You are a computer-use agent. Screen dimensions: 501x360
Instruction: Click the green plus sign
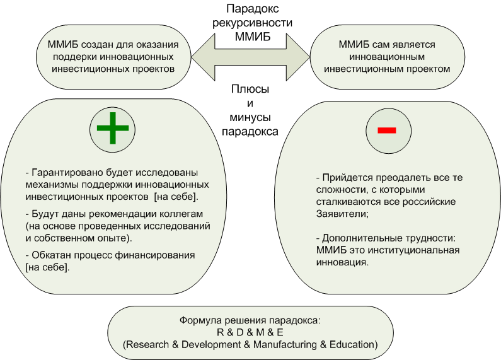coord(113,128)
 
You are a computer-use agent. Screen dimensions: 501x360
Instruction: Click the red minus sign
coord(387,130)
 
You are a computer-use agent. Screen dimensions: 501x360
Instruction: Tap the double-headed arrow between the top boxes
coord(251,57)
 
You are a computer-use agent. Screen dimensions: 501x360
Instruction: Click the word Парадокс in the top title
coord(253,9)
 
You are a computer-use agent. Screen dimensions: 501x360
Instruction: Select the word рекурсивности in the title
coord(253,23)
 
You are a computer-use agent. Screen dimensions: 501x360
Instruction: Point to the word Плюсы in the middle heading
coord(250,89)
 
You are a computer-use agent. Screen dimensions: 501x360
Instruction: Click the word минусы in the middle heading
coord(250,117)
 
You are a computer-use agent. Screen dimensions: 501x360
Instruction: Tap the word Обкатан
coord(52,255)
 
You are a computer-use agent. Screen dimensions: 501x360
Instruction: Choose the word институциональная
coord(414,250)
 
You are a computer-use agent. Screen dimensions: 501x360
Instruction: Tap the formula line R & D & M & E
coord(250,332)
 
